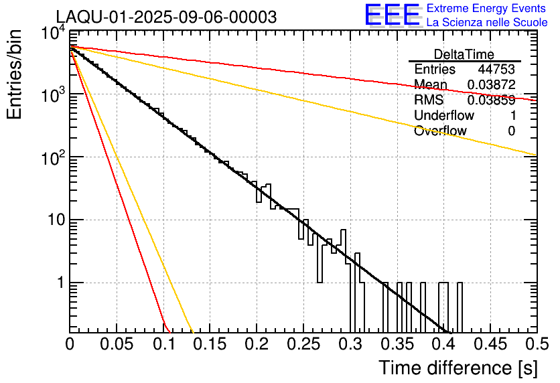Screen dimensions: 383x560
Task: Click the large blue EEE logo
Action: tap(392, 15)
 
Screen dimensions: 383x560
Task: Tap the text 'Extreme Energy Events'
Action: tap(487, 9)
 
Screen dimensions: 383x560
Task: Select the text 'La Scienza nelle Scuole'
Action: tap(487, 22)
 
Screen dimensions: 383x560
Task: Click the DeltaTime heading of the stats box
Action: tap(464, 54)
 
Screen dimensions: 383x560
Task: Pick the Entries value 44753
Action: tap(496, 70)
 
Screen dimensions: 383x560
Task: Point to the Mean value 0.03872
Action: tap(491, 85)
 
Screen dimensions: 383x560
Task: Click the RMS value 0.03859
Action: tap(491, 100)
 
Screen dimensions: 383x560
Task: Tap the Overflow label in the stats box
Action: tap(440, 131)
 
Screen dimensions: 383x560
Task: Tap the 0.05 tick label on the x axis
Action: tap(117, 344)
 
